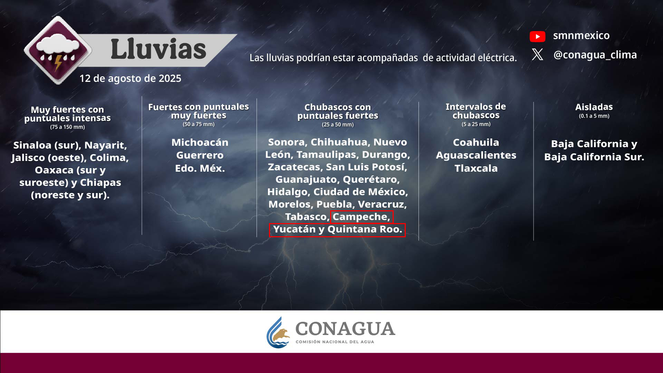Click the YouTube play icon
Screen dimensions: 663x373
click(x=537, y=36)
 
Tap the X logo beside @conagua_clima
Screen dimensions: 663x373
click(x=537, y=55)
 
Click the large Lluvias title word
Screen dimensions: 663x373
click(x=158, y=49)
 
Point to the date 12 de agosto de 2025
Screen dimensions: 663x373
click(x=130, y=78)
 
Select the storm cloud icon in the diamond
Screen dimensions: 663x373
click(x=58, y=50)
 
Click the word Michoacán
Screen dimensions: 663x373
click(x=200, y=142)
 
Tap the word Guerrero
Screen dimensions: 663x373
click(x=200, y=155)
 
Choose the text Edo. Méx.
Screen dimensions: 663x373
click(x=200, y=168)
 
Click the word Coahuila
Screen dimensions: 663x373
click(x=476, y=142)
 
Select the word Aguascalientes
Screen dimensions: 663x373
click(x=476, y=155)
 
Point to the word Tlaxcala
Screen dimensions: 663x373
click(x=476, y=168)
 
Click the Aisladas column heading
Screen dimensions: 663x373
click(x=594, y=107)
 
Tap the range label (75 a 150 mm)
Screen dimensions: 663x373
click(x=67, y=127)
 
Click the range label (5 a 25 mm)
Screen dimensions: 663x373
click(x=476, y=124)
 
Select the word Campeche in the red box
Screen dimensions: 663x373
click(x=361, y=217)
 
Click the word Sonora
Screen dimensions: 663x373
click(x=288, y=142)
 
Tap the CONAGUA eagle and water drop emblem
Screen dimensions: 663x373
click(x=278, y=333)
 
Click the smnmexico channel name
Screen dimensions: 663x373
click(x=581, y=35)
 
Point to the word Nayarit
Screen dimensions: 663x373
click(x=106, y=145)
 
